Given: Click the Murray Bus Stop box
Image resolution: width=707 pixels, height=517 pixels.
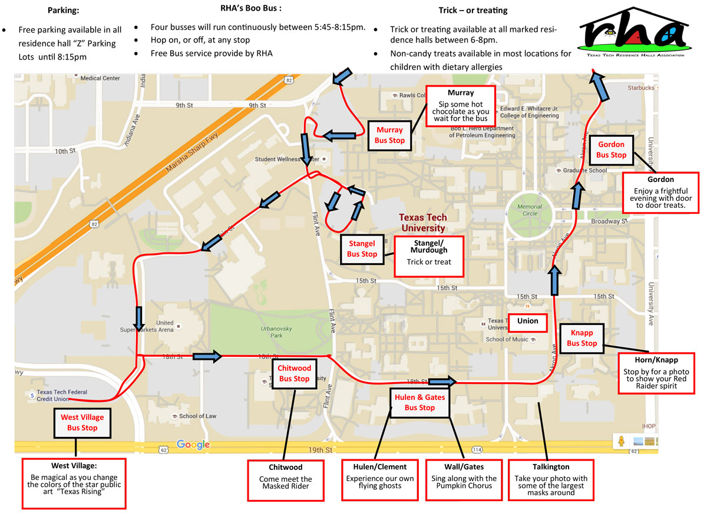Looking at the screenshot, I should click(x=389, y=135).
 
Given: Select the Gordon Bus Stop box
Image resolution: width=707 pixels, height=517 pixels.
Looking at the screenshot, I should click(x=611, y=150).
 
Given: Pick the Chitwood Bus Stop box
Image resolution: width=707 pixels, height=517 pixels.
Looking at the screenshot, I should click(x=293, y=373).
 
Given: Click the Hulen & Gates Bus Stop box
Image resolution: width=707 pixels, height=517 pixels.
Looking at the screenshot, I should click(x=419, y=402).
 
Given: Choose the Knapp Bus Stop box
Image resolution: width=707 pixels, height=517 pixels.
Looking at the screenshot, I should click(x=582, y=338).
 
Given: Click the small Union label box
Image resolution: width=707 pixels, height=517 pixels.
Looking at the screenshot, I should click(x=528, y=322).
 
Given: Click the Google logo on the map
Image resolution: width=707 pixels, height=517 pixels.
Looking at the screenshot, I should click(x=193, y=445).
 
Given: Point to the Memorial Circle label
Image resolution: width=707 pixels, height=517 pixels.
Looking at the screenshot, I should click(x=529, y=210).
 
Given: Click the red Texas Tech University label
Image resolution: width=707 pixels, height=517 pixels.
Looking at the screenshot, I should click(x=422, y=223).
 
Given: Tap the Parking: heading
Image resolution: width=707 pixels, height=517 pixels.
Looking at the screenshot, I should click(x=63, y=11).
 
